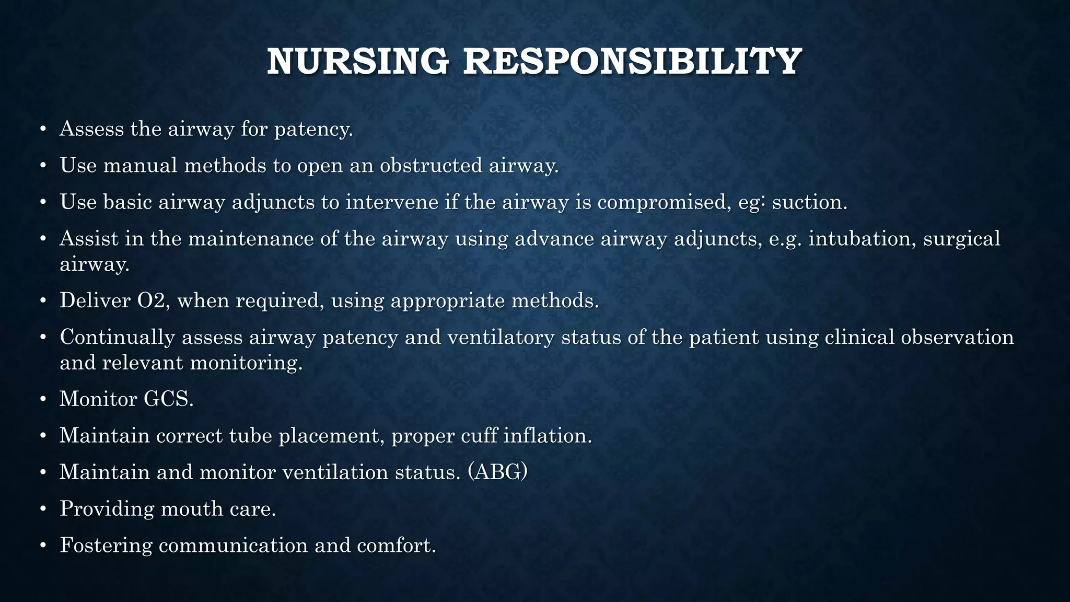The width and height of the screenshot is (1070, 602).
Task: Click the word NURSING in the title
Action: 358,62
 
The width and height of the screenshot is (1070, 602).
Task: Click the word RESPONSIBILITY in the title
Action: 632,62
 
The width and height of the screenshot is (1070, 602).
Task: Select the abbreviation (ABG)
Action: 497,472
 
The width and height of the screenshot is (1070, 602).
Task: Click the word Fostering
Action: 106,545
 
